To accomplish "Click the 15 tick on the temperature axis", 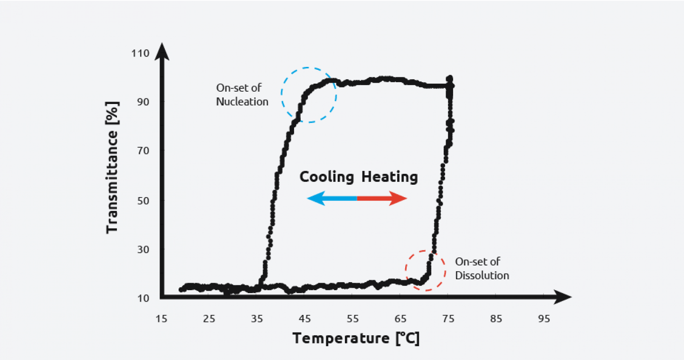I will pyautogui.click(x=161, y=319).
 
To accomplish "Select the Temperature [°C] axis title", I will pyautogui.click(x=356, y=339).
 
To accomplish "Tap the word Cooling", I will pyautogui.click(x=327, y=177).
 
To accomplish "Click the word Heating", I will pyautogui.click(x=389, y=177).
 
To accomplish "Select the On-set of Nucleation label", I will pyautogui.click(x=242, y=95).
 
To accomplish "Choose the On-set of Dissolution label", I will pyautogui.click(x=482, y=268).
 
